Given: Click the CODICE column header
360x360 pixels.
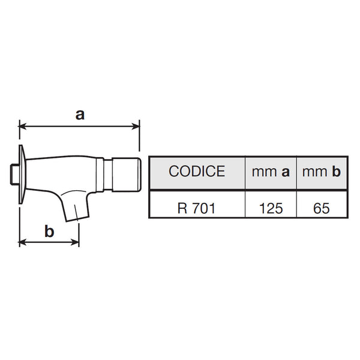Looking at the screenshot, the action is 197,171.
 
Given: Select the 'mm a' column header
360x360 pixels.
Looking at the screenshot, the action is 271,172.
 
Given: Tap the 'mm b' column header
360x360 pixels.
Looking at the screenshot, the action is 322,171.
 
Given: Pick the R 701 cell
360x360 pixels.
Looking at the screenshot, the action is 197,208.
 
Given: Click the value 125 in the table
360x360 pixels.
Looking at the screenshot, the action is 271,208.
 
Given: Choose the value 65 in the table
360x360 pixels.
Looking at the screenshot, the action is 322,208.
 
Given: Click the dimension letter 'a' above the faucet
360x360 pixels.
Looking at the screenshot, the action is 80,115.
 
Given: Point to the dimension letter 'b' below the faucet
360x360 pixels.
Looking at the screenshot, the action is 49,231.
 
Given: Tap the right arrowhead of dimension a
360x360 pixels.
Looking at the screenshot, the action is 136,126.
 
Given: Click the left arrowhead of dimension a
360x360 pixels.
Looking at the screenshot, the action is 23,126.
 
